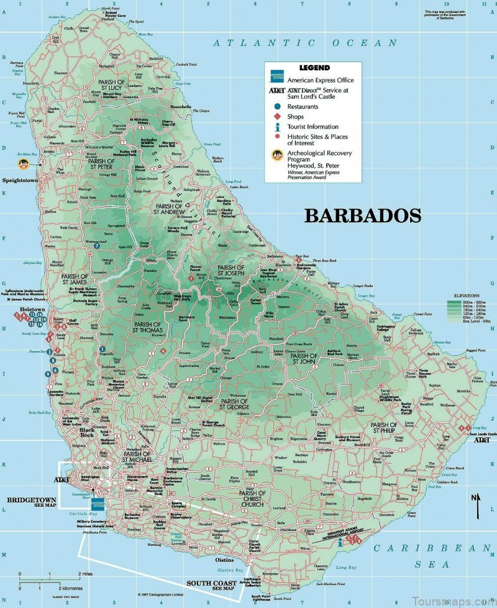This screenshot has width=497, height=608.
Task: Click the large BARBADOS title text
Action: [363, 216]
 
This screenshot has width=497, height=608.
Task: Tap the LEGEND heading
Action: [314, 68]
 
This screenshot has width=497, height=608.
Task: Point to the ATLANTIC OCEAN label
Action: [304, 43]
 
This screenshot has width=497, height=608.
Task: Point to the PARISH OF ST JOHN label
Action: [304, 359]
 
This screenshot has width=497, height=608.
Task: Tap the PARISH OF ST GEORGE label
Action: [234, 404]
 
